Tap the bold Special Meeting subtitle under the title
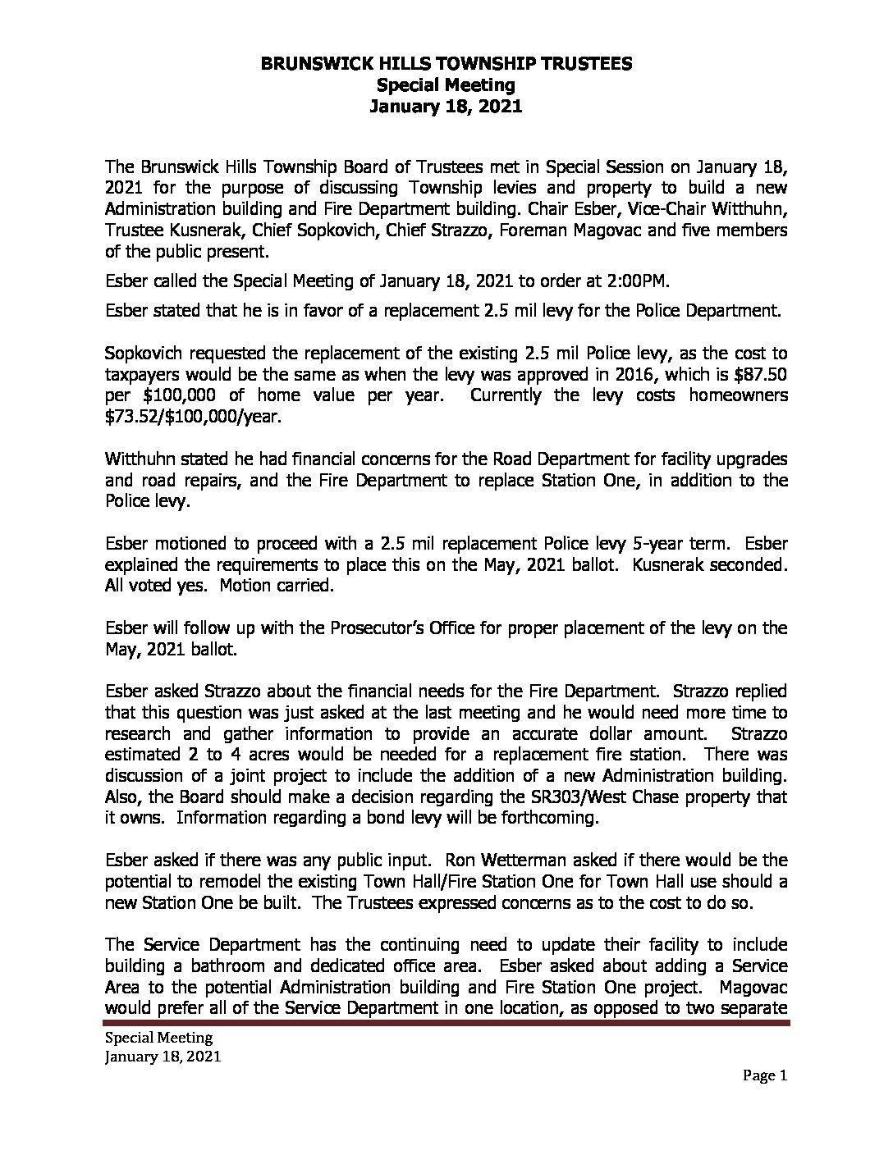click(446, 84)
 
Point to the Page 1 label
click(766, 1076)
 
